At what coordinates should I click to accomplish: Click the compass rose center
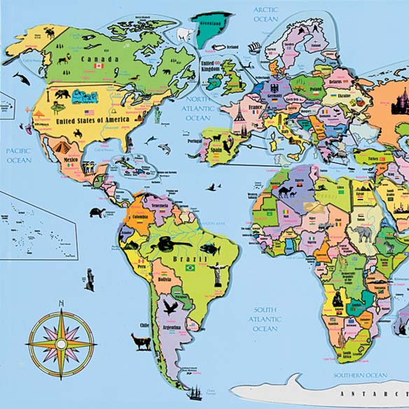click(x=61, y=344)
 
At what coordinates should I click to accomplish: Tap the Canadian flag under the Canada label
click(x=99, y=66)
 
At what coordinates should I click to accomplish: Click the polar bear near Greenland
click(x=184, y=34)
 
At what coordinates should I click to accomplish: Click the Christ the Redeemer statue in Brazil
click(x=217, y=272)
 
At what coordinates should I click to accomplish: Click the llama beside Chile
click(x=142, y=342)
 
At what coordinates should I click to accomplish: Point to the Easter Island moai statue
click(x=89, y=279)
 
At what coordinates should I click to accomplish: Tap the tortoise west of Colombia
click(x=97, y=212)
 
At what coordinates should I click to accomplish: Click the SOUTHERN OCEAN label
click(x=361, y=375)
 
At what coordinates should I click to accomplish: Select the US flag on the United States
click(x=89, y=113)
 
